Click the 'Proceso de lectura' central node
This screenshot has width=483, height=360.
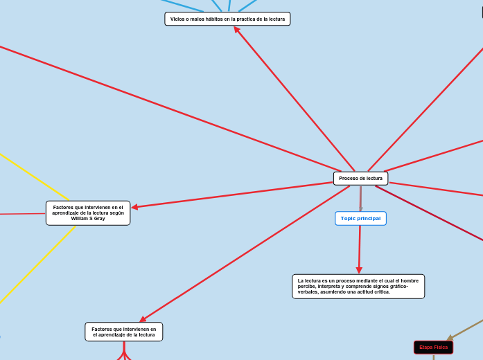[360, 179]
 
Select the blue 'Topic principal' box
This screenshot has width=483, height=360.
[360, 218]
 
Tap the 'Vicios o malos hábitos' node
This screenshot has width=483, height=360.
[227, 19]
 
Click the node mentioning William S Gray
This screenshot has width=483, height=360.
[88, 213]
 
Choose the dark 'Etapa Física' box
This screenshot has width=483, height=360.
[433, 347]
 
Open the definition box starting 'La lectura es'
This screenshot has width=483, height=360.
[358, 286]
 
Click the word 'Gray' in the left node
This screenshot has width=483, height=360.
[98, 218]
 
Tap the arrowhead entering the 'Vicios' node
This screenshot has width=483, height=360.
[236, 29]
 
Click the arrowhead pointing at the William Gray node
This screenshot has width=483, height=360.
[134, 207]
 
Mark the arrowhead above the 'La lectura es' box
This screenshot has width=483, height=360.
[359, 271]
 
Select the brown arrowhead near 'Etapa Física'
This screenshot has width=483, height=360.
[450, 338]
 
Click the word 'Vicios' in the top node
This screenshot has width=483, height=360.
[177, 19]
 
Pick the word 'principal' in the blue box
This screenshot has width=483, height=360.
[369, 218]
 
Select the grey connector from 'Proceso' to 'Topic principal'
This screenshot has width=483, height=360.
[361, 197]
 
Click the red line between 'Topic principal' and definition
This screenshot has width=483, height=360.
[360, 246]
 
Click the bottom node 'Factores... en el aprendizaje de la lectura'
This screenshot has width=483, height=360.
[124, 332]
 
